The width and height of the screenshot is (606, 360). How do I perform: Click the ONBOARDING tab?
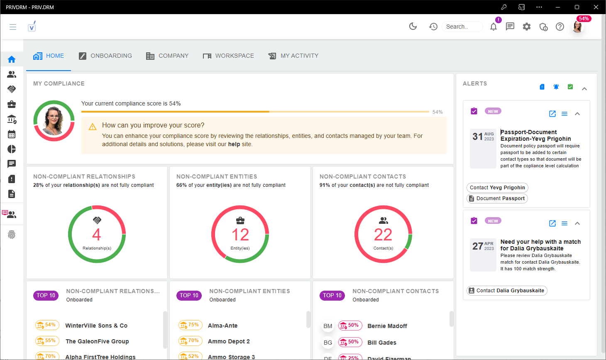105,56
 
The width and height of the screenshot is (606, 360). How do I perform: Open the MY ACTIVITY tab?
293,56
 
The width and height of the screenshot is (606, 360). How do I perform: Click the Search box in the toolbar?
462,27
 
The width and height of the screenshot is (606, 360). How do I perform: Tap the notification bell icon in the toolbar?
493,27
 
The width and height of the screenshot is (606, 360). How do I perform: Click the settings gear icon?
526,27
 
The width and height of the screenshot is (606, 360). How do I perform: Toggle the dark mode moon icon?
413,27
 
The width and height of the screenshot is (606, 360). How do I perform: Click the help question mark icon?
560,27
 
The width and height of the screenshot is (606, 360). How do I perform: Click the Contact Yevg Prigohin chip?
497,188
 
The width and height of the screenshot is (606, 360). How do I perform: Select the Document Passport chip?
497,198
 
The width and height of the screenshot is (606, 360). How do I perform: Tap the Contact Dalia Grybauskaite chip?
506,291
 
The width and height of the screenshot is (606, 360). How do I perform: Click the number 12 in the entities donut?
240,235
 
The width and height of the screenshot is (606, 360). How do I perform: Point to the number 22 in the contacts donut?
383,235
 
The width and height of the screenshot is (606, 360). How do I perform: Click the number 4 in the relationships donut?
96,235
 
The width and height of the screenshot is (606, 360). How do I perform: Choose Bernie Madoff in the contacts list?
387,326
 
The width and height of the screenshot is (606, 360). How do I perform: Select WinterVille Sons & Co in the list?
96,326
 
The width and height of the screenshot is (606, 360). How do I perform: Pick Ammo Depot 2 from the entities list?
229,341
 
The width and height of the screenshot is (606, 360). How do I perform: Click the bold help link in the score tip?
234,144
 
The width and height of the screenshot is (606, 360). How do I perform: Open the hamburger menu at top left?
13,27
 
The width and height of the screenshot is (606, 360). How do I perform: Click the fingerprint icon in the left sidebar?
12,235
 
